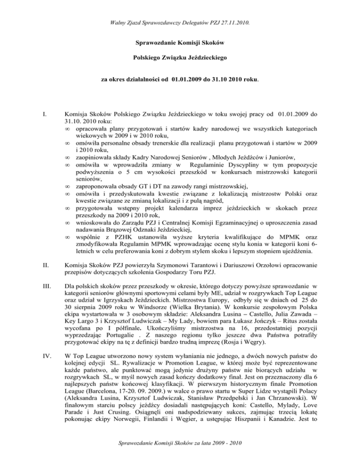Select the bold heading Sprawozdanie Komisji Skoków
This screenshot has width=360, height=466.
[x=180, y=43]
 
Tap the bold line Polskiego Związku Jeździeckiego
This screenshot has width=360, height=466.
[x=180, y=60]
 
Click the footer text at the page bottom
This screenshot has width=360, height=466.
[x=180, y=455]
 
